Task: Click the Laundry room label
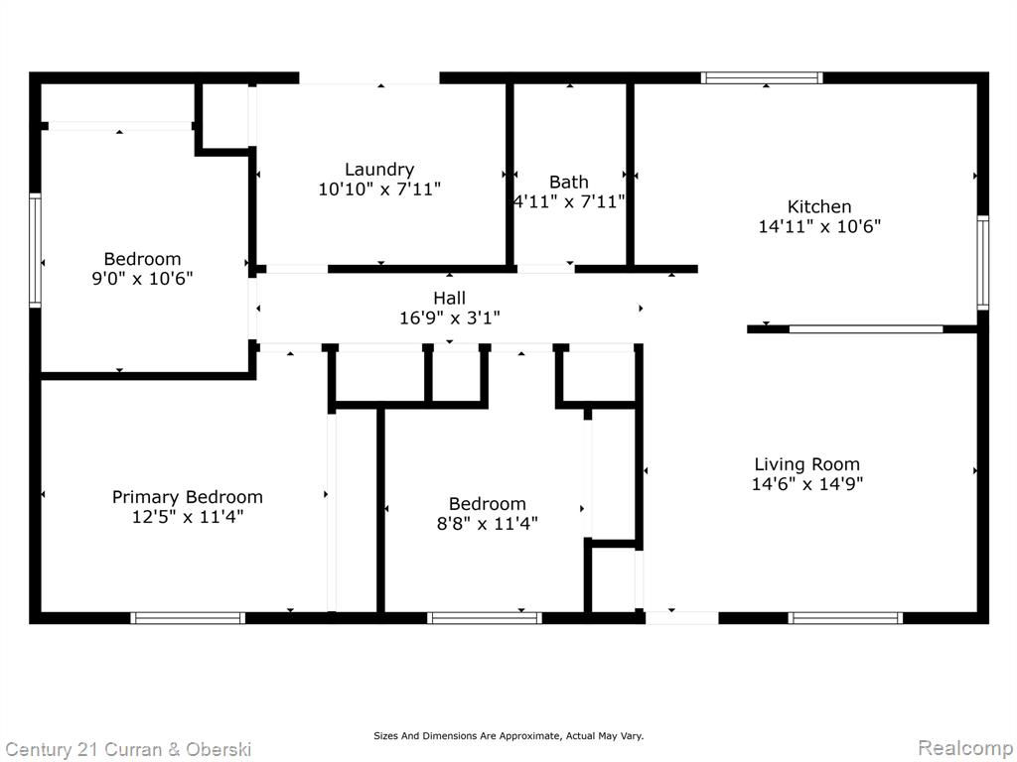coord(379,170)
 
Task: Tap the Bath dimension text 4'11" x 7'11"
coord(569,201)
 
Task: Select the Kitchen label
coord(819,206)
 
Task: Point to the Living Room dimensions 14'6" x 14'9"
coord(806,484)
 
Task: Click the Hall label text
coord(450,298)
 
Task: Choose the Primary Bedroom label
coord(188,498)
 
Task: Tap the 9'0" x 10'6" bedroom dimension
coord(143,279)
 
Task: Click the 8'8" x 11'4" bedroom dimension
coord(487,524)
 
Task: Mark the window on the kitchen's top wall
coord(762,78)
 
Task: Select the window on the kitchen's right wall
coord(983,262)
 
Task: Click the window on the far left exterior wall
coord(35,249)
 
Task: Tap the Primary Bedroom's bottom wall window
coord(188,618)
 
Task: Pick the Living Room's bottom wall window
coord(845,618)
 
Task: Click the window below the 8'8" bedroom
coord(485,618)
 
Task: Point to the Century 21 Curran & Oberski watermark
coord(128,750)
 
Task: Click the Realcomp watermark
coord(965,748)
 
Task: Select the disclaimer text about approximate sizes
coord(508,736)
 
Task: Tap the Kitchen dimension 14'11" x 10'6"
coord(819,227)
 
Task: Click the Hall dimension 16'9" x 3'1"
coord(450,318)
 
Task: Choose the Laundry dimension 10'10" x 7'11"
coord(379,190)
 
